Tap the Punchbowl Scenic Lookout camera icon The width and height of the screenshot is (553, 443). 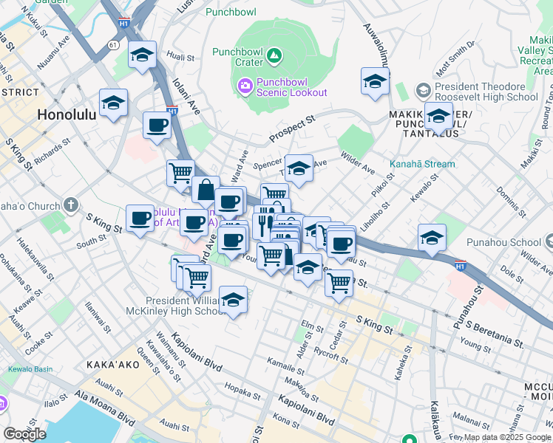(x=245, y=87)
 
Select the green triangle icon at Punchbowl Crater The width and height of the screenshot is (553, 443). (x=274, y=55)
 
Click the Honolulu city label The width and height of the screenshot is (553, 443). (x=67, y=115)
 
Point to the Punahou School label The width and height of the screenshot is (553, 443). (x=504, y=242)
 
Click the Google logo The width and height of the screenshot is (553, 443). (x=24, y=434)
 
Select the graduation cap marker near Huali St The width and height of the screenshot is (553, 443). (x=142, y=55)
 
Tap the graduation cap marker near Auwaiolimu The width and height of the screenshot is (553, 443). (x=375, y=81)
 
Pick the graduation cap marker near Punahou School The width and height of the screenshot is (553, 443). (x=432, y=238)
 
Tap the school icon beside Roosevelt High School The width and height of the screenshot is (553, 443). (x=423, y=91)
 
